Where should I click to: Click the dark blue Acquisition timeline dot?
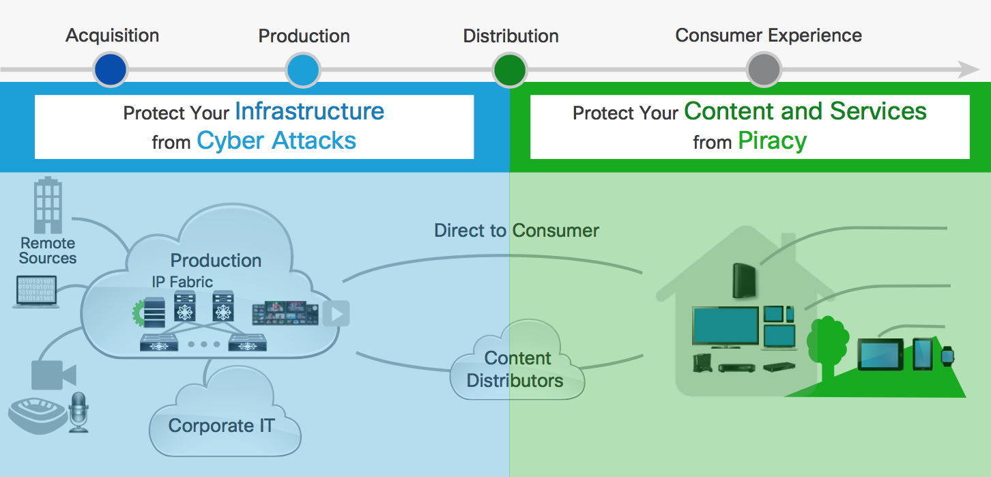[111, 70]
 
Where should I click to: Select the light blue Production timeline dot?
[303, 70]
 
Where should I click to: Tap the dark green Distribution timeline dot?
[510, 70]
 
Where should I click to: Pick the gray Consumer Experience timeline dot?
[764, 70]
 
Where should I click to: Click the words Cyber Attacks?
[276, 141]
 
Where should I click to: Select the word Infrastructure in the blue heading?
[310, 111]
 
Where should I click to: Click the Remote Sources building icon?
[48, 205]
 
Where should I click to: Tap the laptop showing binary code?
[36, 291]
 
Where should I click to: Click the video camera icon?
[53, 375]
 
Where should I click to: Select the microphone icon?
[78, 412]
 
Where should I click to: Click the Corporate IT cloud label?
[222, 426]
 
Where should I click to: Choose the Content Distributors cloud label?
[515, 369]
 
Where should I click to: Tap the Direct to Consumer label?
[516, 231]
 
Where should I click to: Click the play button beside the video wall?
[336, 314]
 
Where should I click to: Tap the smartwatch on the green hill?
[947, 356]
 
